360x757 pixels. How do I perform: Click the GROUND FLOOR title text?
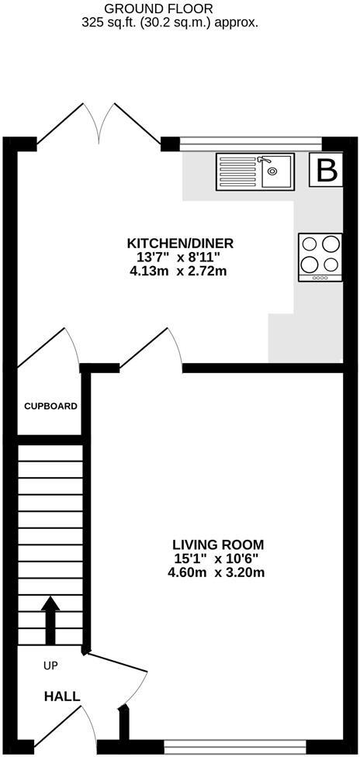pyautogui.click(x=170, y=9)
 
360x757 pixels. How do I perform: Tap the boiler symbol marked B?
pyautogui.click(x=327, y=171)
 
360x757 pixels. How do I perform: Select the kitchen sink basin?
pyautogui.click(x=275, y=171)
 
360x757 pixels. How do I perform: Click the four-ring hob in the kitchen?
pyautogui.click(x=320, y=257)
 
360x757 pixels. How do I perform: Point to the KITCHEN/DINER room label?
pyautogui.click(x=179, y=243)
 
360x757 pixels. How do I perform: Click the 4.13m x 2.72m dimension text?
pyautogui.click(x=179, y=271)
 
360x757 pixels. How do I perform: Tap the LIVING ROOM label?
pyautogui.click(x=218, y=544)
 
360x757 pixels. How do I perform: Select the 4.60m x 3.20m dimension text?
pyautogui.click(x=218, y=573)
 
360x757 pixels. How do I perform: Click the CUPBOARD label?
pyautogui.click(x=50, y=406)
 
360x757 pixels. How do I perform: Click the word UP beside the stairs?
pyautogui.click(x=50, y=665)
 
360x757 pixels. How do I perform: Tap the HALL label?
pyautogui.click(x=62, y=697)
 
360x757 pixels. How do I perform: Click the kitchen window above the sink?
pyautogui.click(x=251, y=143)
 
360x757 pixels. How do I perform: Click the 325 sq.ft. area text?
pyautogui.click(x=170, y=23)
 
